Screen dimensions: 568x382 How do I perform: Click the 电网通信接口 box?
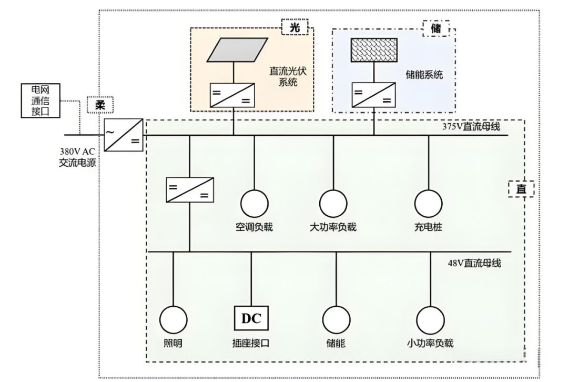(40, 100)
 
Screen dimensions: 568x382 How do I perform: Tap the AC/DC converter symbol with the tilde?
(124, 135)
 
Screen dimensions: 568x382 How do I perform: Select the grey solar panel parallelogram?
(237, 49)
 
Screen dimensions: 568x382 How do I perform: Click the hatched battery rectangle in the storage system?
(374, 50)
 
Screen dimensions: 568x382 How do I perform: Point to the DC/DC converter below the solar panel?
(232, 95)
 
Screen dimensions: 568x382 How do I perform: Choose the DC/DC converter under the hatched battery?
(373, 95)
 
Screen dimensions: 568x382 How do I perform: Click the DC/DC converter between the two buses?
(190, 189)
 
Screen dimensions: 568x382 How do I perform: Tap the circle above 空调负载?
(255, 204)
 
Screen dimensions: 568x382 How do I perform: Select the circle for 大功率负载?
(333, 204)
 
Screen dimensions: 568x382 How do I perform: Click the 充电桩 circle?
(429, 204)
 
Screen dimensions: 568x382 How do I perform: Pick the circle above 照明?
(173, 320)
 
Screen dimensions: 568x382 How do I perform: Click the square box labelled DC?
(251, 318)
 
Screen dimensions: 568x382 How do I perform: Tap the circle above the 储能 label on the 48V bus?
(336, 320)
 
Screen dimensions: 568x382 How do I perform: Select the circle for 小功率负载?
(430, 320)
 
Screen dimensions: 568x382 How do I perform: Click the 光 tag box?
(295, 27)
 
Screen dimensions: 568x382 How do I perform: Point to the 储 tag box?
(436, 28)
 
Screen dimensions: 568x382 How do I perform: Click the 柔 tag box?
(100, 105)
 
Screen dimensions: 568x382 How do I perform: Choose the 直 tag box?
(521, 189)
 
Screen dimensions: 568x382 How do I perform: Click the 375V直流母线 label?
(471, 126)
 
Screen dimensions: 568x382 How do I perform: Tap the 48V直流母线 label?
(474, 263)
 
